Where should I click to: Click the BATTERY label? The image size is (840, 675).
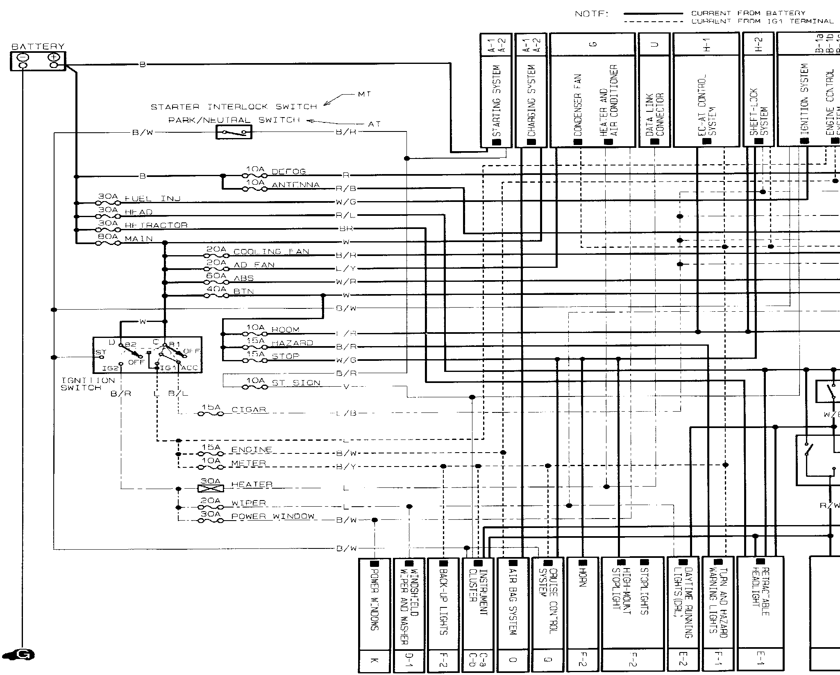pos(38,47)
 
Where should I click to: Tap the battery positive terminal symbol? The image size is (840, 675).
pos(54,57)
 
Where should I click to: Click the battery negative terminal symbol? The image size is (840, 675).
pos(23,57)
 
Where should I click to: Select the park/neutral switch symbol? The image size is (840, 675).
pos(234,132)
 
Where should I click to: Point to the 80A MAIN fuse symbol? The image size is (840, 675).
pos(108,243)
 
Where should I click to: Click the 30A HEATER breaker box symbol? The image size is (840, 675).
pos(211,488)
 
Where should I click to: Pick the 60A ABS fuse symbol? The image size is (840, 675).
pos(216,282)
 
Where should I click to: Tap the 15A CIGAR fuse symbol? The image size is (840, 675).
pos(211,414)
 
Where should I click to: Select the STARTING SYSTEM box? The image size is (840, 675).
pos(496,100)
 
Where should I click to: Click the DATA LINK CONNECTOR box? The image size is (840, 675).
pos(654,100)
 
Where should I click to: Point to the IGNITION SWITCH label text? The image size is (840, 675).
pos(88,384)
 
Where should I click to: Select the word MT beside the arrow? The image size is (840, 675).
pos(364,94)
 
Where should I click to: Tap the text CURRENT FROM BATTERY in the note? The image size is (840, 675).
pos(748,13)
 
